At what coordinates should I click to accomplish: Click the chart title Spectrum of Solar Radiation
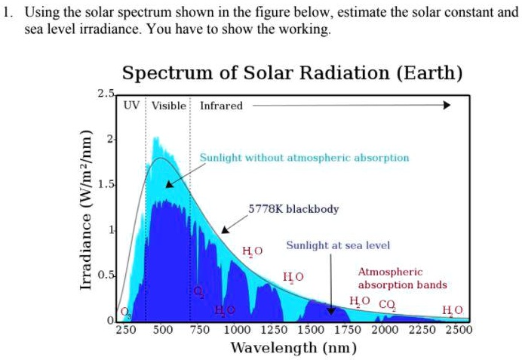coord(292,73)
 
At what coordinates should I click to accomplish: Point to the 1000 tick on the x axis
coord(236,329)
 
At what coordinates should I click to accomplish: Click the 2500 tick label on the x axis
coord(458,329)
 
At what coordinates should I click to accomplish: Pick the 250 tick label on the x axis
coord(126,329)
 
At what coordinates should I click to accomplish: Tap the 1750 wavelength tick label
coord(347,329)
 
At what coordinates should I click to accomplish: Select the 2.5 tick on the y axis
coord(106,94)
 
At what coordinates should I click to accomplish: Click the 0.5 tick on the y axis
coord(106,275)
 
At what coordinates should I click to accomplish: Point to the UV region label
coord(132,106)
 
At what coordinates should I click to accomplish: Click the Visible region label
coord(168,106)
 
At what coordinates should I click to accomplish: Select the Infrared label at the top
coord(221,106)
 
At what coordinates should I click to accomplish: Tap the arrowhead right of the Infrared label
coord(446,106)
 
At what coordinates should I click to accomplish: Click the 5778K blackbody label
coord(293,209)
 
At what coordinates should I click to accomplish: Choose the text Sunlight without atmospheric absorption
coord(304,158)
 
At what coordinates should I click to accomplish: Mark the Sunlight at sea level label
coord(338,246)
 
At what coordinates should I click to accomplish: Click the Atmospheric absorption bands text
coord(402,278)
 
